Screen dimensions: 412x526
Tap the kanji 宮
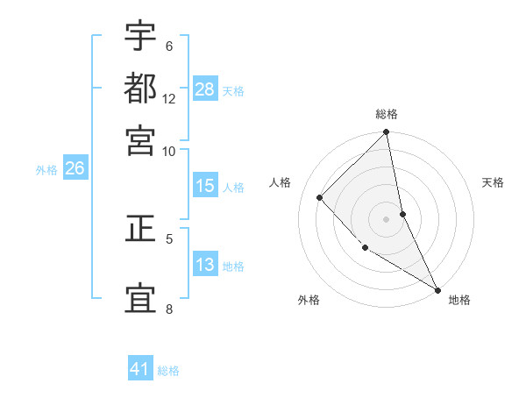(140, 139)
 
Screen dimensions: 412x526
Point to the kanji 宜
(140, 297)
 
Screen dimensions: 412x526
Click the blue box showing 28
(205, 89)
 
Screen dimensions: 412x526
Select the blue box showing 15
(205, 186)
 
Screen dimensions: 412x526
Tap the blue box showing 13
(205, 265)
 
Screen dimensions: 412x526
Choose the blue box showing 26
(75, 168)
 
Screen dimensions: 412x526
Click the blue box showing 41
(140, 369)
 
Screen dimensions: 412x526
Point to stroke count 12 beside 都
(169, 98)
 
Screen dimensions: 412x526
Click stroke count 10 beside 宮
(169, 151)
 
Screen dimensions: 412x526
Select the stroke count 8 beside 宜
(169, 309)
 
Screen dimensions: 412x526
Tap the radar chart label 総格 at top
(387, 114)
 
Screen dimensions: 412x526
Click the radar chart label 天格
(494, 182)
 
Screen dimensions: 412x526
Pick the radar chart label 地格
(459, 300)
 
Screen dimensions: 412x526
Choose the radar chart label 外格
(309, 300)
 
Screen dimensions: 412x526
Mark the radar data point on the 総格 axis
(387, 133)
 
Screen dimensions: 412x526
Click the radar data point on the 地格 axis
(437, 288)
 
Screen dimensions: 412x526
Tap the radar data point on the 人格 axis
(320, 197)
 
